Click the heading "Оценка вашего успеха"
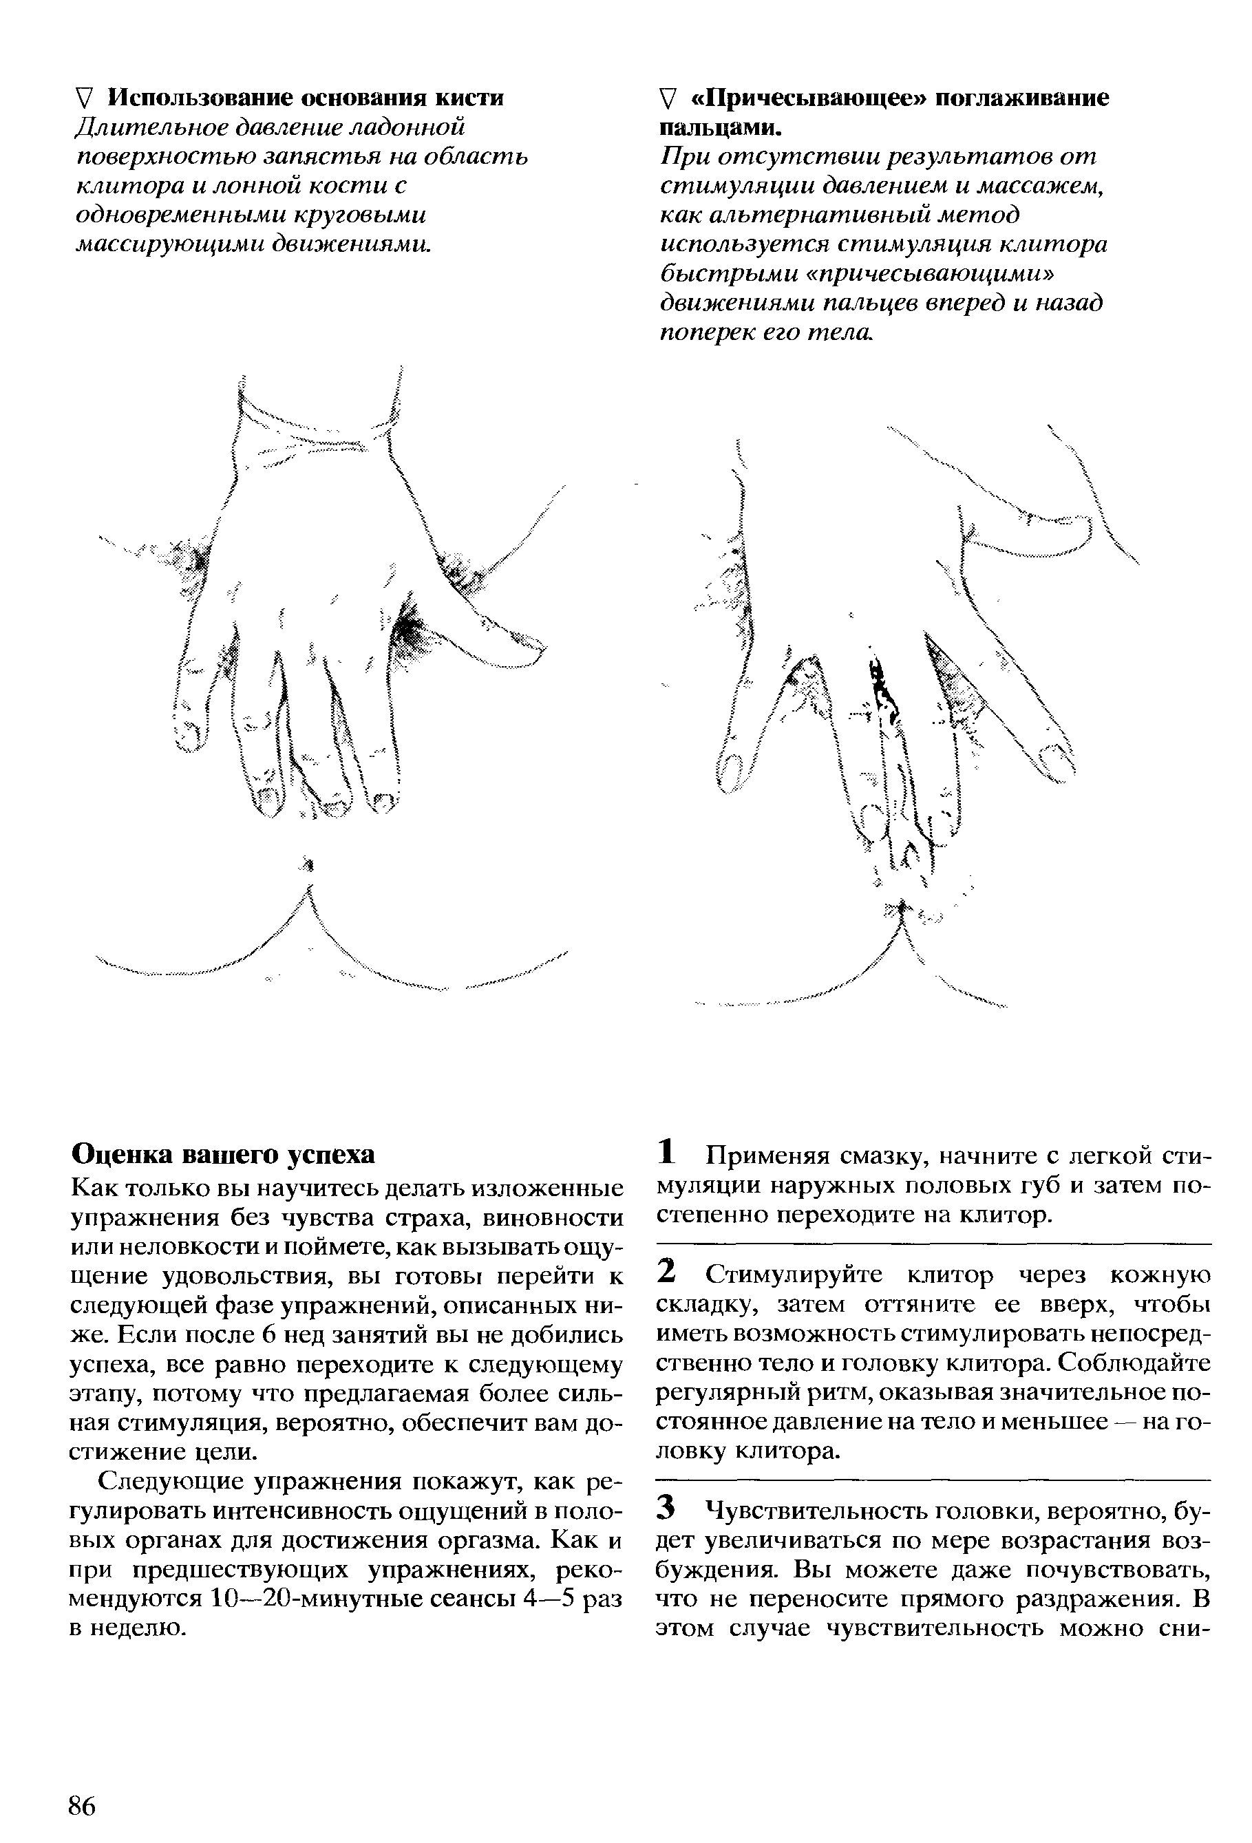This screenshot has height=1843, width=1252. (x=223, y=1155)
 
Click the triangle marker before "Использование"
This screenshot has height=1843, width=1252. (x=85, y=98)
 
